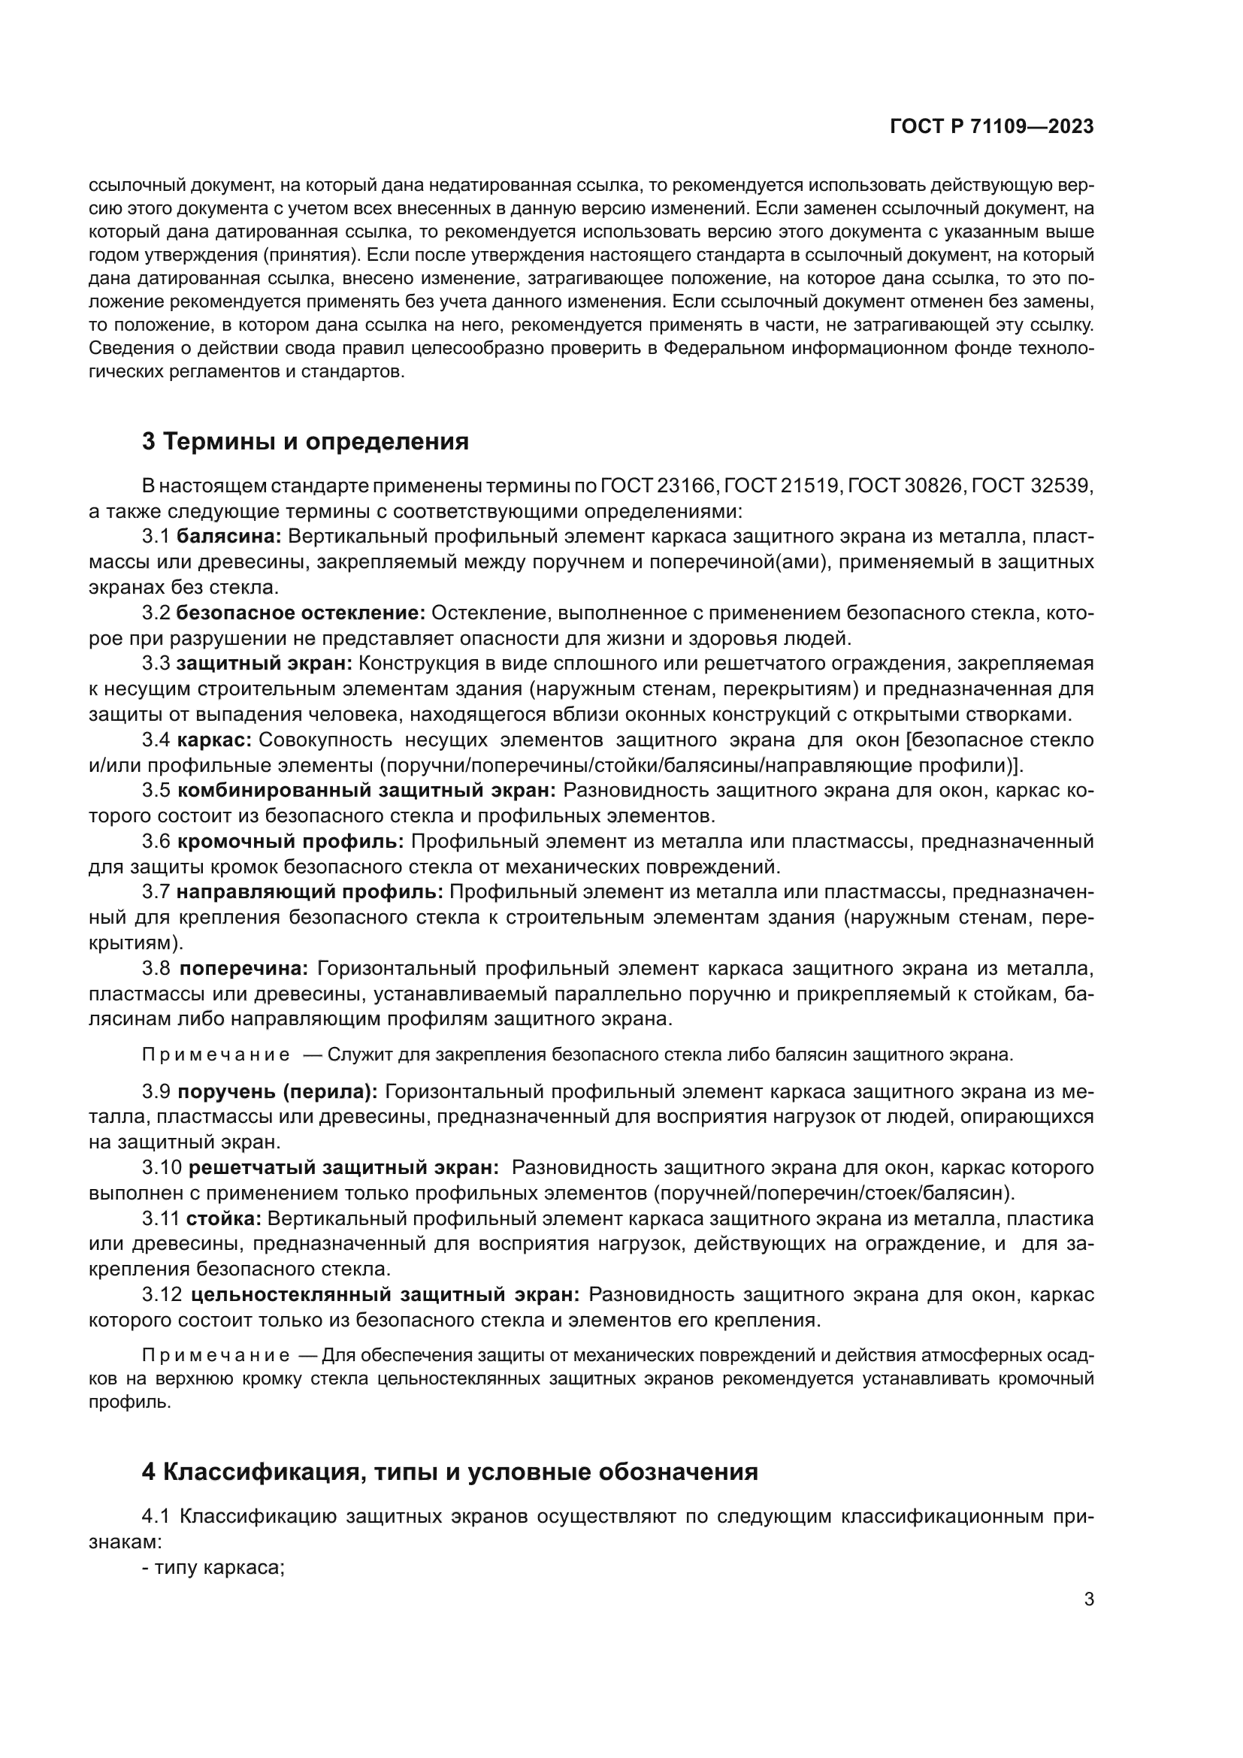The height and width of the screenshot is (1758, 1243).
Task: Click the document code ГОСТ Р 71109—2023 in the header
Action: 992,126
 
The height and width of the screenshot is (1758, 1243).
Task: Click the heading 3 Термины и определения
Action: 305,442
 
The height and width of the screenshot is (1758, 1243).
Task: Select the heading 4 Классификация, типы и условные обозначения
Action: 450,1472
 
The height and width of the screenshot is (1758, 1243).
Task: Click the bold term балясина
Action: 230,537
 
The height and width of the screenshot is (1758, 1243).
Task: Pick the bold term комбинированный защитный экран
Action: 367,790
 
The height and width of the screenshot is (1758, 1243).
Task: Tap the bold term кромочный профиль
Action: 291,842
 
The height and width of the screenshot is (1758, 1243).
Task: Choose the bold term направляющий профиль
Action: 310,892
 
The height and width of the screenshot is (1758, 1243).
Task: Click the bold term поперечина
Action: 243,969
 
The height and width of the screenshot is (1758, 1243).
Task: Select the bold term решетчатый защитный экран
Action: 343,1167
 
